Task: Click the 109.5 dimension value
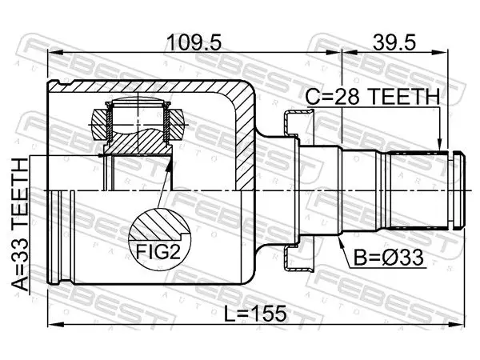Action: point(194,42)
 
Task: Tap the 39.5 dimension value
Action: point(394,42)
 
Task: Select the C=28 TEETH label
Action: point(373,96)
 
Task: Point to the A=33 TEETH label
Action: point(20,224)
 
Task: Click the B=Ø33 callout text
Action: point(389,257)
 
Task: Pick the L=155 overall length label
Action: point(255,314)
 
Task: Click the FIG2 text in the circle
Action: point(158,253)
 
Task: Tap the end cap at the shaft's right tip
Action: point(459,190)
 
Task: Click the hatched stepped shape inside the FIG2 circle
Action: point(158,226)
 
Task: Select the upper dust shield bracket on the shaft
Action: point(298,122)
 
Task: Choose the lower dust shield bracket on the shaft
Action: point(298,258)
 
